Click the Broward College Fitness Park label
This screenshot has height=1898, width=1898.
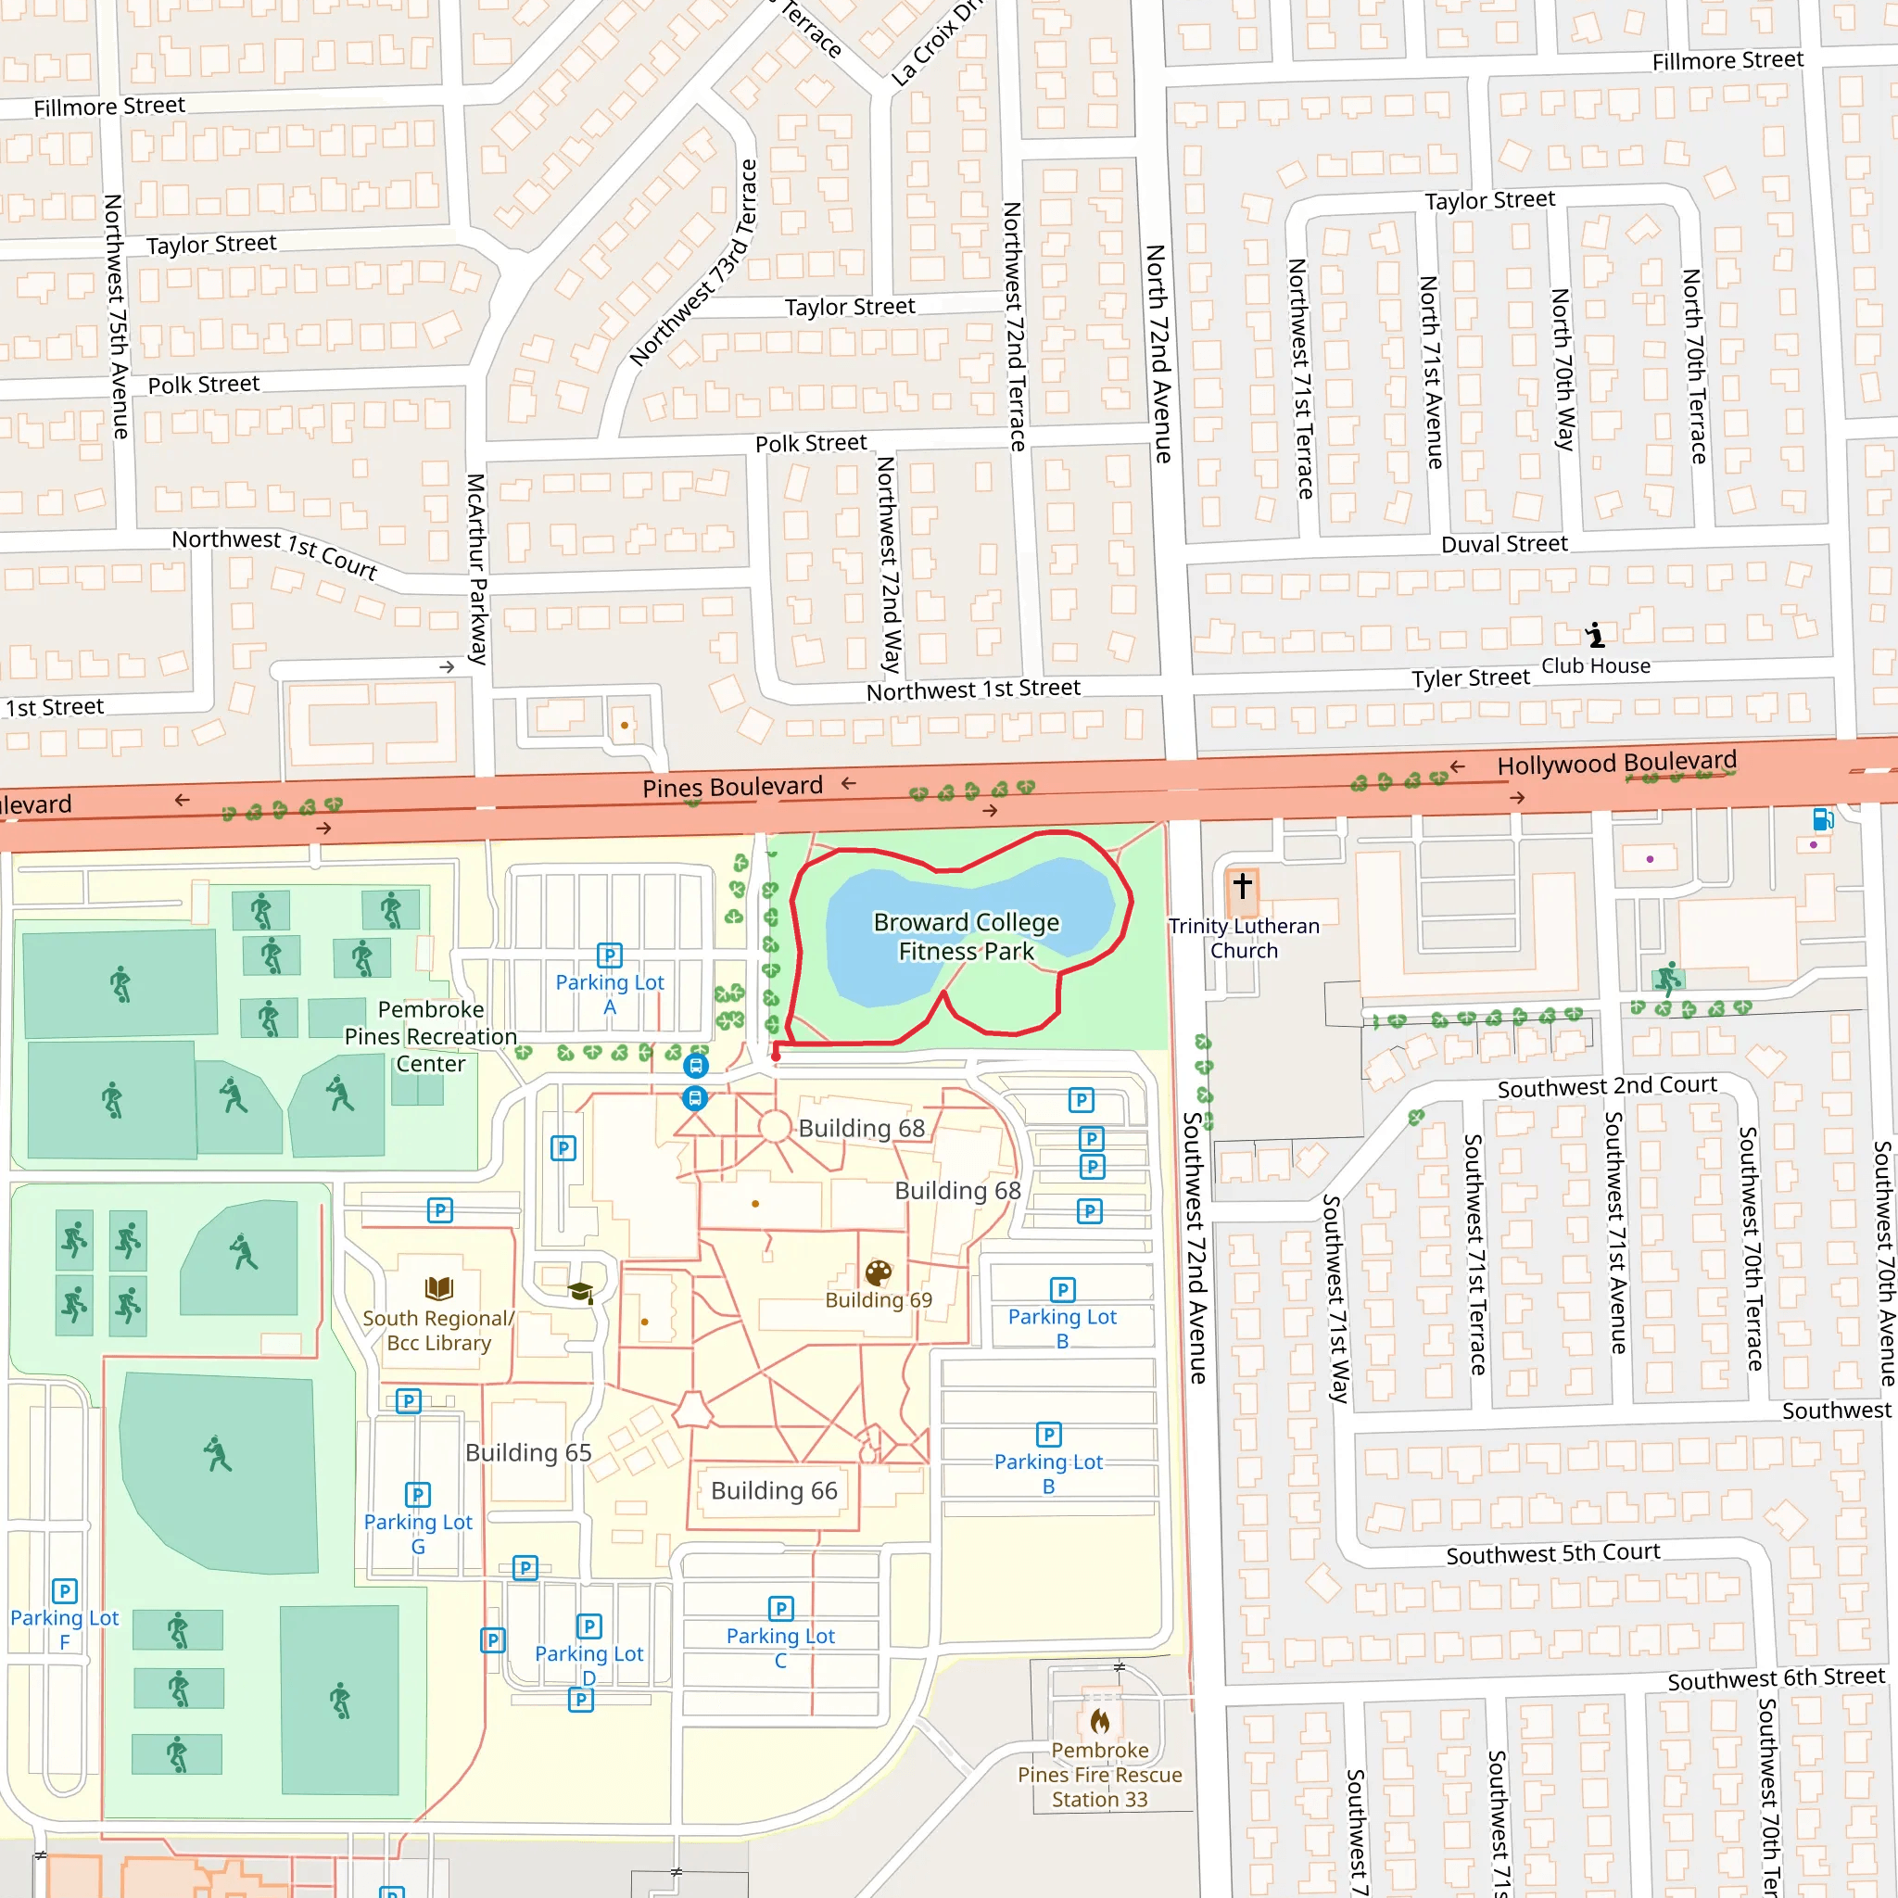point(967,936)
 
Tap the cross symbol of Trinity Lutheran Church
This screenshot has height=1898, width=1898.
point(1242,885)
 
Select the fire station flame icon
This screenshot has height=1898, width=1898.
point(1099,1720)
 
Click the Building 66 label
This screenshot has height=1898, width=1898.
point(774,1490)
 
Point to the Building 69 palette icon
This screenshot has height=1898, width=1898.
point(879,1273)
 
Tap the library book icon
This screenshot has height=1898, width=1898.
point(438,1288)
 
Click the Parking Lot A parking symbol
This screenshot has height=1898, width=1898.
point(609,955)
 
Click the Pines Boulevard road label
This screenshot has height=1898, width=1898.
point(732,787)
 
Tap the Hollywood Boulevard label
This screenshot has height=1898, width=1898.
point(1616,763)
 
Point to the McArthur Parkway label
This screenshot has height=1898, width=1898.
point(476,569)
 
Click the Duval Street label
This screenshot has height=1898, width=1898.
point(1503,544)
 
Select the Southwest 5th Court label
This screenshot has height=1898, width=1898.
point(1552,1553)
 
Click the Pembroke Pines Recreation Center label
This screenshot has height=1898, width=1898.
point(430,1036)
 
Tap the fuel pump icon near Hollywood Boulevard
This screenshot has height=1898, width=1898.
point(1821,818)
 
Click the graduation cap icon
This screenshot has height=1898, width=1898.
point(580,1292)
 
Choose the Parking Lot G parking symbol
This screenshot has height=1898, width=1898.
point(418,1494)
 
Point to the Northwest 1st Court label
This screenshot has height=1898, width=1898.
point(274,551)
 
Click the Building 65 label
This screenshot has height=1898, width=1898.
point(528,1452)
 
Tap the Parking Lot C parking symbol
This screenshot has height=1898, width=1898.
point(780,1608)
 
